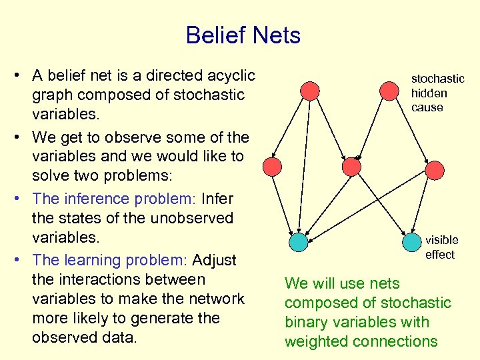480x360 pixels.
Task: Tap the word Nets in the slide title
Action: click(276, 35)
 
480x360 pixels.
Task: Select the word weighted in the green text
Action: click(315, 341)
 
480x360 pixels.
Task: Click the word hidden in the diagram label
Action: click(429, 93)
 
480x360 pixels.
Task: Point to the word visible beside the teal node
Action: click(442, 240)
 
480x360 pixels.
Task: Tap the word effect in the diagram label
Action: click(439, 255)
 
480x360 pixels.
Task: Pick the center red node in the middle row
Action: click(351, 166)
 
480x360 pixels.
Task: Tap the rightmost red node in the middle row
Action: click(435, 170)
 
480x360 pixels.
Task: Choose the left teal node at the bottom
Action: click(299, 242)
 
